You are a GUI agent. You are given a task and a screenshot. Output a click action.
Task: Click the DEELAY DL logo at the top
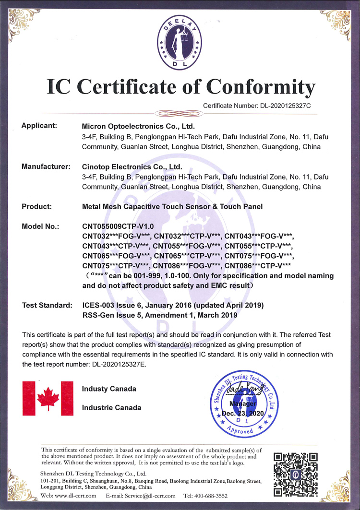[180, 42]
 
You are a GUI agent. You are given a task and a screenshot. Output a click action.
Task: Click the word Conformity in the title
[261, 87]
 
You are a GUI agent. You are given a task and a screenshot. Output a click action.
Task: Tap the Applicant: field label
[39, 126]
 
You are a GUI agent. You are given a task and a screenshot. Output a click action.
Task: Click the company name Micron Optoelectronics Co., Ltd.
[139, 127]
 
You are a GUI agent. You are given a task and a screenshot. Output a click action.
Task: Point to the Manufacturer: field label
[46, 166]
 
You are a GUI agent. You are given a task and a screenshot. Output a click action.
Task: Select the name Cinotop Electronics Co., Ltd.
[132, 167]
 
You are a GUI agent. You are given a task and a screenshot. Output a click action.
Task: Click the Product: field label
[38, 207]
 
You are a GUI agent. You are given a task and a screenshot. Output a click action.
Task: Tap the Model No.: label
[41, 226]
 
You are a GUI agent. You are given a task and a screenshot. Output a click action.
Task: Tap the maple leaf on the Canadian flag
[48, 398]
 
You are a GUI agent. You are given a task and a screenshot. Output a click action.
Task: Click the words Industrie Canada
[111, 407]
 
